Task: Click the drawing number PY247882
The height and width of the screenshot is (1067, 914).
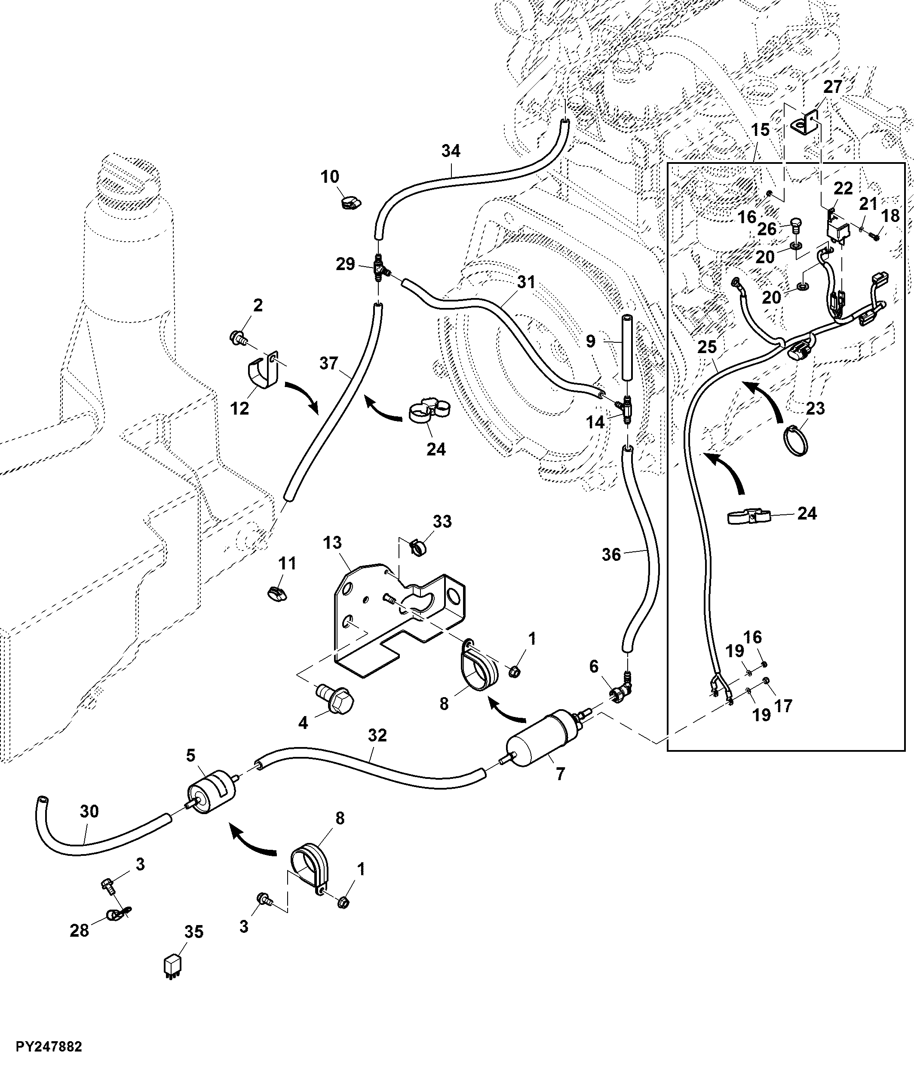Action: (x=49, y=1046)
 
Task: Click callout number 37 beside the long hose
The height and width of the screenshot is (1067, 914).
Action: (x=329, y=363)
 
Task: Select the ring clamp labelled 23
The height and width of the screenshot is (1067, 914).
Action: (x=796, y=439)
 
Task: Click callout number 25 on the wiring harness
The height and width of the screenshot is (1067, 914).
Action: (x=707, y=347)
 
